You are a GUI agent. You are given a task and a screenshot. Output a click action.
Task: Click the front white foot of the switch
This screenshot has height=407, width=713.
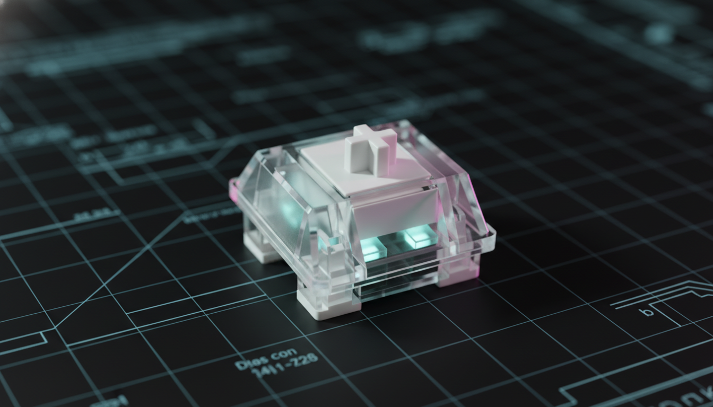tap(321, 306)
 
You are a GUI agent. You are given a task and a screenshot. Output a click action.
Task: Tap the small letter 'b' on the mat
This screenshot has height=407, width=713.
tap(647, 312)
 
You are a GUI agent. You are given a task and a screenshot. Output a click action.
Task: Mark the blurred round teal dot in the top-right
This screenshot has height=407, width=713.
tap(659, 33)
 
